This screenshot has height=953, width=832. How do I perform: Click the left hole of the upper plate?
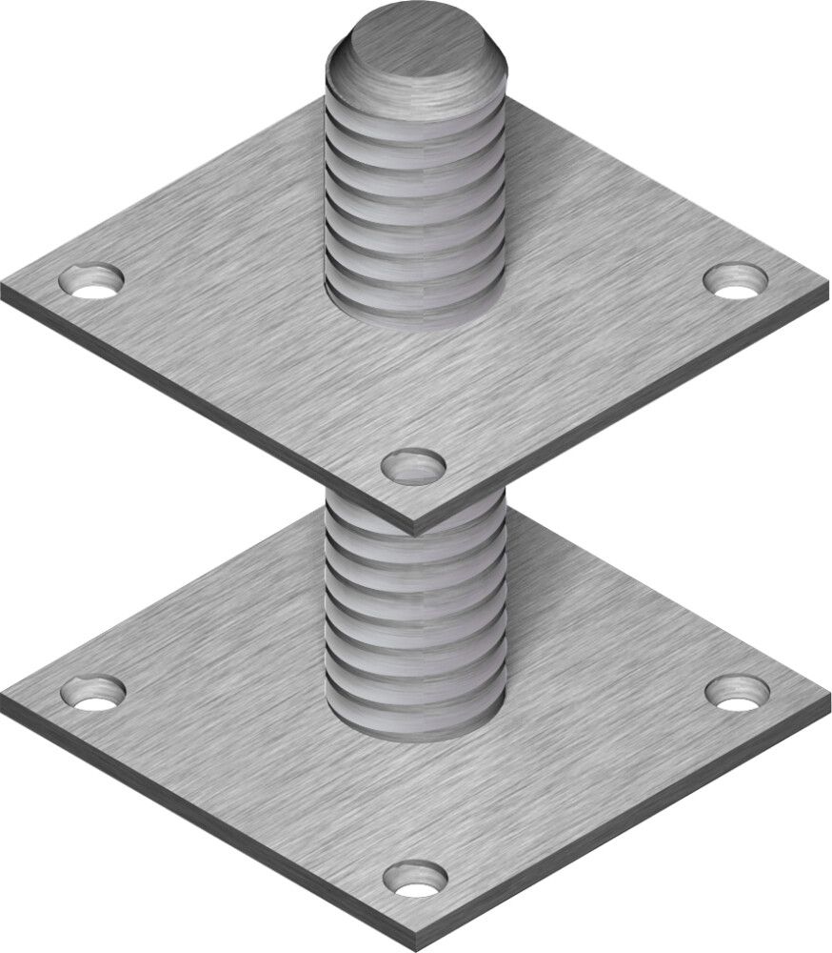[91, 281]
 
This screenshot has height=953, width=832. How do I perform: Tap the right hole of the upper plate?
[736, 280]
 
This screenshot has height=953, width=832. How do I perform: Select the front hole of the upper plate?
[413, 466]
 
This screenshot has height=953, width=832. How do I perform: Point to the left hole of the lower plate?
[92, 691]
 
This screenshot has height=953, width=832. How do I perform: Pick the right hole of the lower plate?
[737, 692]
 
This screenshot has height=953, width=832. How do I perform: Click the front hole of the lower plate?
[415, 878]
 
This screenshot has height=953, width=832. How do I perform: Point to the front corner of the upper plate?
[415, 524]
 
